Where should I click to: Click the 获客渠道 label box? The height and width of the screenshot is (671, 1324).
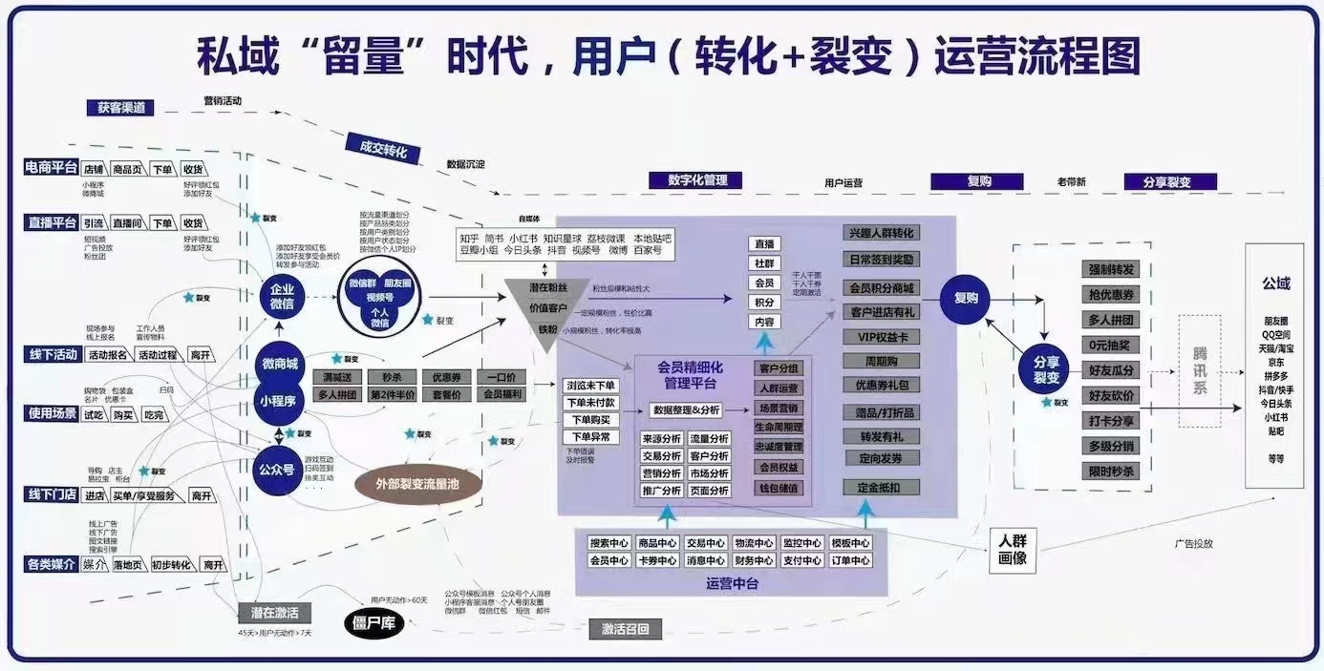[121, 108]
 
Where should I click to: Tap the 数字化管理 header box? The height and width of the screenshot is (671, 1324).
[697, 180]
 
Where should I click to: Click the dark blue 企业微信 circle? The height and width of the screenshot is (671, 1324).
[283, 296]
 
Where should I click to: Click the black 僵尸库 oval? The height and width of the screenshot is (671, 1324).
[374, 625]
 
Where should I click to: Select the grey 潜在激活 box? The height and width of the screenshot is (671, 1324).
[275, 613]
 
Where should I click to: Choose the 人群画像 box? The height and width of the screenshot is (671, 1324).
[1013, 551]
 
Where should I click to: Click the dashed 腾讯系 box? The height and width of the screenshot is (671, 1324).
[1200, 370]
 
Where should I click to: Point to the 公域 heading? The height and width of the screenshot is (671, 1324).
[1276, 283]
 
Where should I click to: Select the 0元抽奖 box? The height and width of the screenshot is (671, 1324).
[1111, 345]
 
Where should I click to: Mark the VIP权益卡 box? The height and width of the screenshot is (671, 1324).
[882, 337]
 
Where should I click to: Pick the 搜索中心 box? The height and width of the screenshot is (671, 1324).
[609, 543]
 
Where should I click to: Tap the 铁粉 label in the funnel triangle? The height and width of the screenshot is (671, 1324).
[546, 330]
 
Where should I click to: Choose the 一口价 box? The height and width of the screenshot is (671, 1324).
[502, 376]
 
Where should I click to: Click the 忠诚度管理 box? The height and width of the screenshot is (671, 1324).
[779, 447]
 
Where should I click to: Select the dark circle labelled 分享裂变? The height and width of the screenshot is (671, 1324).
[1047, 369]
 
